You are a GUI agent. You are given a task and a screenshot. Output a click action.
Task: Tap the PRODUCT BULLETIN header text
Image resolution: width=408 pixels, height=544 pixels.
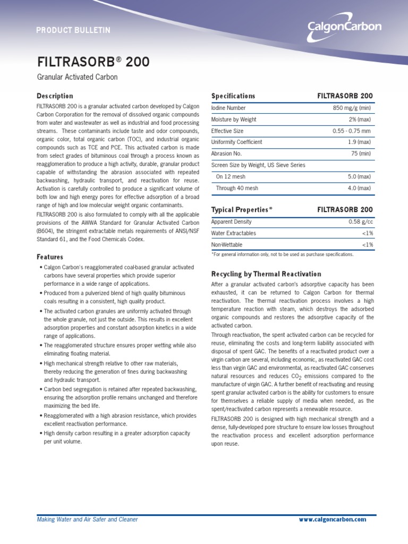click(73, 30)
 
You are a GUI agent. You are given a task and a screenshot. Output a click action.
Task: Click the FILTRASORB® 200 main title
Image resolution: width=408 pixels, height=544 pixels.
click(93, 62)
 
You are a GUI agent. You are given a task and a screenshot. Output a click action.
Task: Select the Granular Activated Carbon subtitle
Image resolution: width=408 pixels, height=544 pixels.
click(77, 78)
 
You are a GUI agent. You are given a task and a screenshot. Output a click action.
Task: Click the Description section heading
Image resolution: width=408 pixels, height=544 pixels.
click(55, 96)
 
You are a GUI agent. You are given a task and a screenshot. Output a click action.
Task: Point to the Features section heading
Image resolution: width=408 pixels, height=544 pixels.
click(50, 257)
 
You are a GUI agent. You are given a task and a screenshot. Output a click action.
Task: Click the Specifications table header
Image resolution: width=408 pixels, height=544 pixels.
click(233, 96)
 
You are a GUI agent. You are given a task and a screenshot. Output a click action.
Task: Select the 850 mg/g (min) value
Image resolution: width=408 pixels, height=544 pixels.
click(353, 108)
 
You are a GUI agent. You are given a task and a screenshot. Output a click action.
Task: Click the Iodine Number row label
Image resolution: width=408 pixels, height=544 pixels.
click(228, 108)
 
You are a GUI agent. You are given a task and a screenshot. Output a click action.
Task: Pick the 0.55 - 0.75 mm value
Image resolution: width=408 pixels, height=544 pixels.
click(352, 131)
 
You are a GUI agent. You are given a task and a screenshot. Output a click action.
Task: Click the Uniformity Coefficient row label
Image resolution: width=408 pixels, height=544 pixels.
click(236, 142)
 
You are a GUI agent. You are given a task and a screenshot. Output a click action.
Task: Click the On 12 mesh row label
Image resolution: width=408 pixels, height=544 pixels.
click(231, 176)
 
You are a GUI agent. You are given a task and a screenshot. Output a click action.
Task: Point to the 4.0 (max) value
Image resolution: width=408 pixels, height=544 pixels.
click(360, 188)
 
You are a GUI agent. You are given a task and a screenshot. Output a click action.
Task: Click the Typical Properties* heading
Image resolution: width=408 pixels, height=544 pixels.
click(242, 210)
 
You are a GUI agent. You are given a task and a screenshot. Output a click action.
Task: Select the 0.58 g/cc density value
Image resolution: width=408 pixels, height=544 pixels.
click(361, 222)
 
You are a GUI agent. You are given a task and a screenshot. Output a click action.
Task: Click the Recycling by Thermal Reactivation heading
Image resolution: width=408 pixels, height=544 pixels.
click(266, 274)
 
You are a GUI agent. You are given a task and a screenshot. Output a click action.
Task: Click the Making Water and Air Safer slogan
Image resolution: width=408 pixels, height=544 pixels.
click(87, 519)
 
